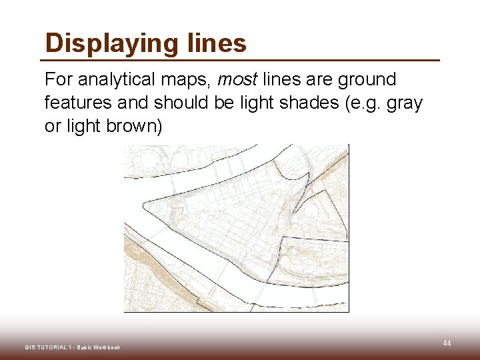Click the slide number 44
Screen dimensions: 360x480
447,343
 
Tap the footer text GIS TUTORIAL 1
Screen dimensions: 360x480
47,347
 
